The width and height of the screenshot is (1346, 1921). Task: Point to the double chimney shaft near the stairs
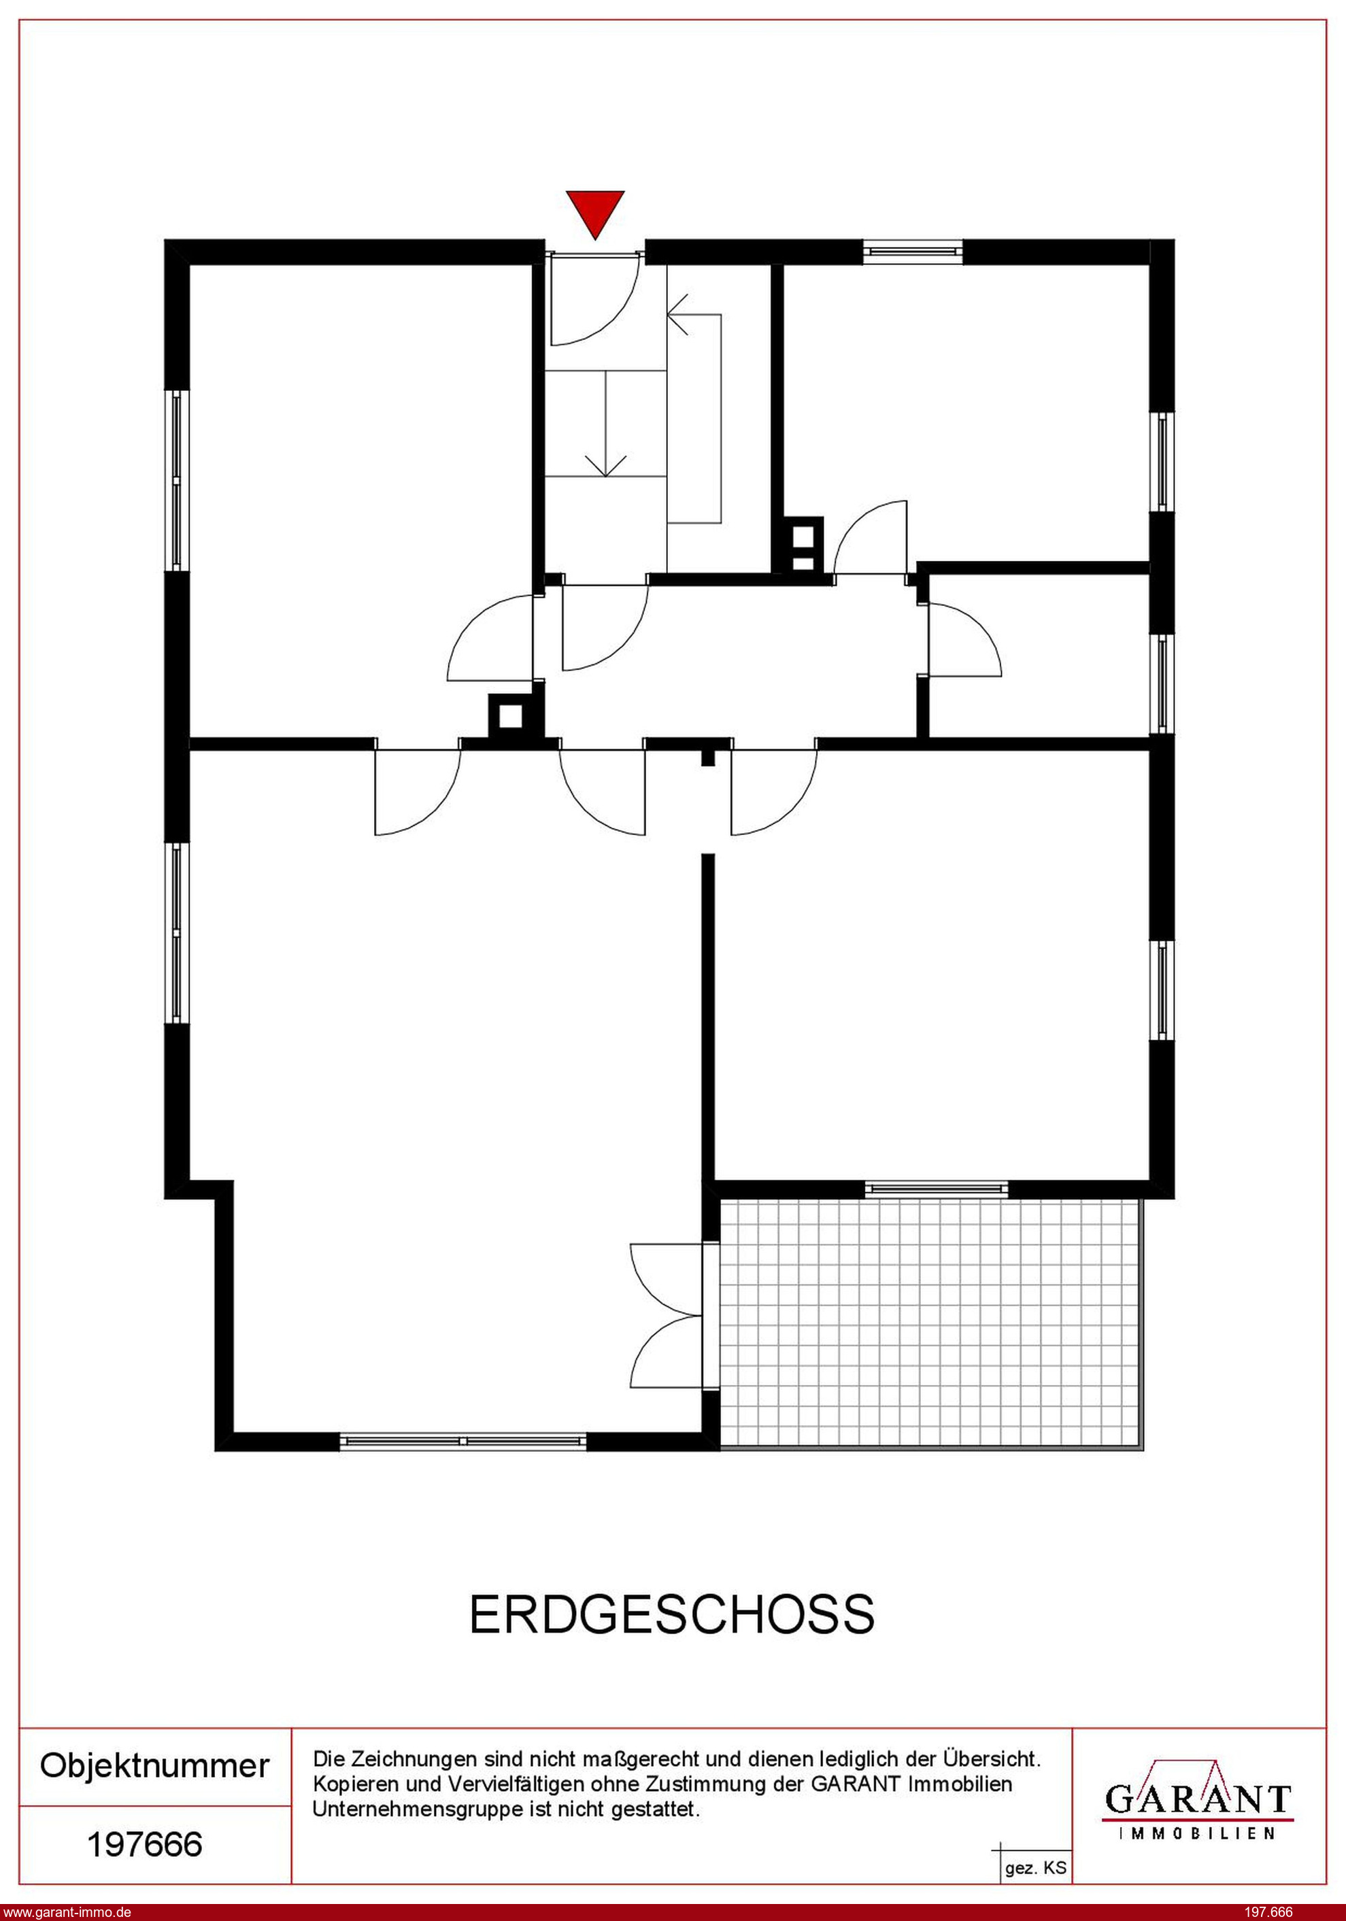point(803,545)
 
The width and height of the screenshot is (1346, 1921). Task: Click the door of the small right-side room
point(964,639)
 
